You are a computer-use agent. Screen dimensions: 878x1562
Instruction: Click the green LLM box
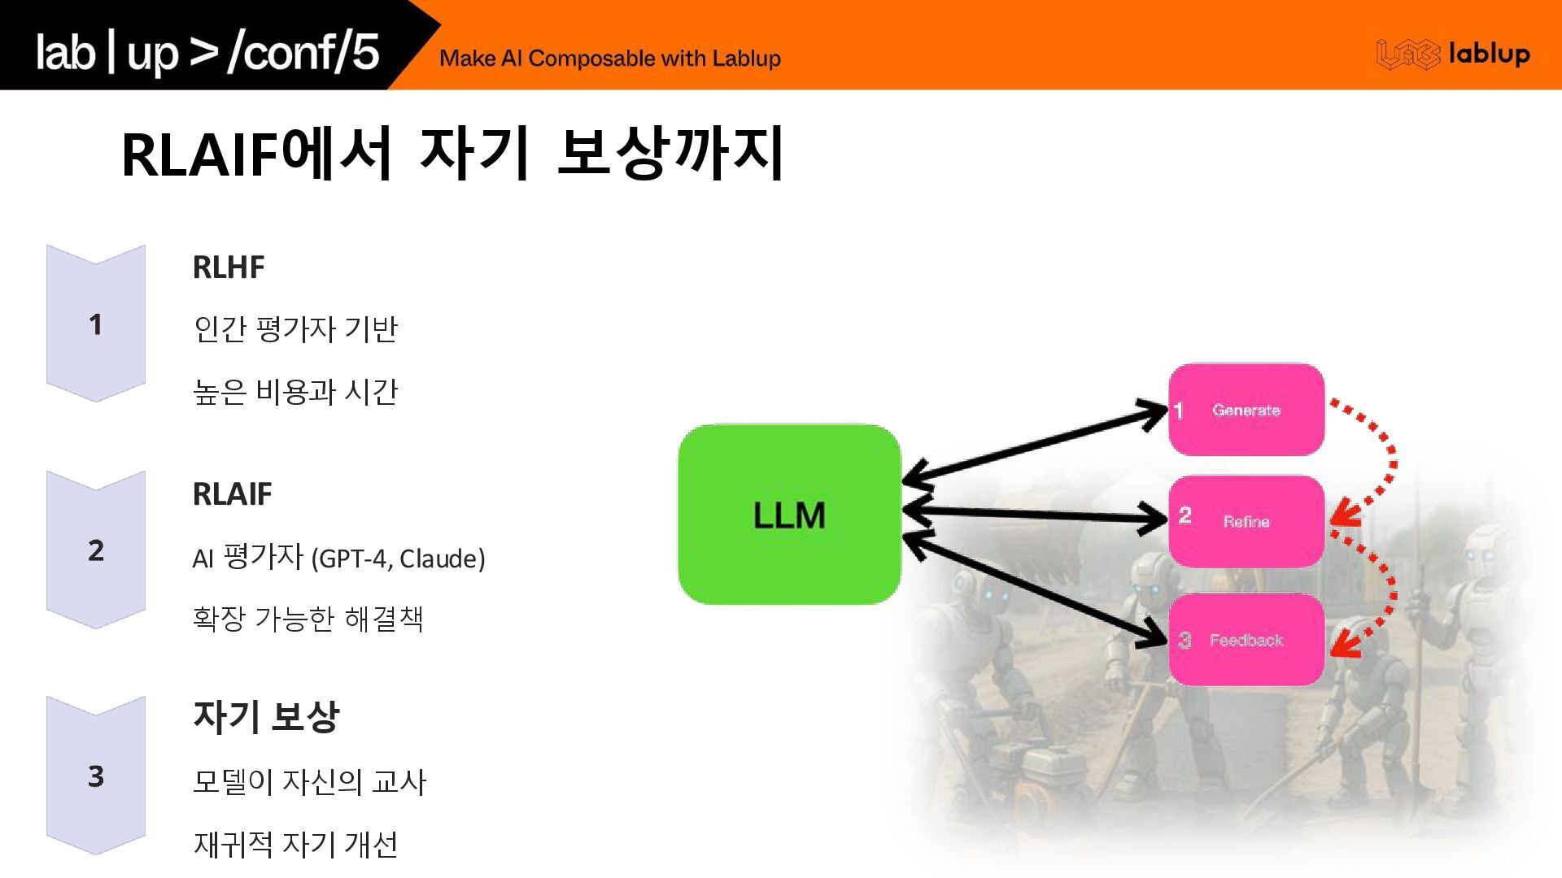coord(789,514)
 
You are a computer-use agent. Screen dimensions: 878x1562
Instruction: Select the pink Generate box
coord(1246,410)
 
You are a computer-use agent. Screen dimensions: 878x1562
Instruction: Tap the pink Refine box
coord(1246,521)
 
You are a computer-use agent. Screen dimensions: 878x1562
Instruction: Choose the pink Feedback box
coord(1246,640)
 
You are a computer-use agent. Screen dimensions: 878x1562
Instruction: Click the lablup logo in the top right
coord(1453,54)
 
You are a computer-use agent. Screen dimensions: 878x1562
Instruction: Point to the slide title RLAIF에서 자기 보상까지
coord(452,154)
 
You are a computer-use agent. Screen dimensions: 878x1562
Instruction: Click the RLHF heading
coord(229,267)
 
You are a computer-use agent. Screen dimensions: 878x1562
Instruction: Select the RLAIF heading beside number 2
coord(232,494)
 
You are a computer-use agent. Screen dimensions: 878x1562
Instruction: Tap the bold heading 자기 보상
coord(265,717)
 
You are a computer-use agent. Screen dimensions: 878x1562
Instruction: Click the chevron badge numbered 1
coord(96,324)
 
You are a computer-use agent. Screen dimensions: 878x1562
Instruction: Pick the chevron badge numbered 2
coord(96,550)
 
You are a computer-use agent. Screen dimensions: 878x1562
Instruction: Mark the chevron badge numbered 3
coord(96,776)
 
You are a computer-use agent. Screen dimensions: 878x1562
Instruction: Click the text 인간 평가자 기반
coord(295,329)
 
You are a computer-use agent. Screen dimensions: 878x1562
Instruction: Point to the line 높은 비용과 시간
coord(295,392)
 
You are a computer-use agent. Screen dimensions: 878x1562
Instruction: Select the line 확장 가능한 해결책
coord(308,619)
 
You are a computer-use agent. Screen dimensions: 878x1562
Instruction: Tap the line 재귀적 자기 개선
coord(295,844)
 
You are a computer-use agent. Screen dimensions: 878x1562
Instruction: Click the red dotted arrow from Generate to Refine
coord(1381,459)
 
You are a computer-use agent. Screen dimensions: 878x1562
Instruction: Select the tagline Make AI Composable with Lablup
coord(609,59)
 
